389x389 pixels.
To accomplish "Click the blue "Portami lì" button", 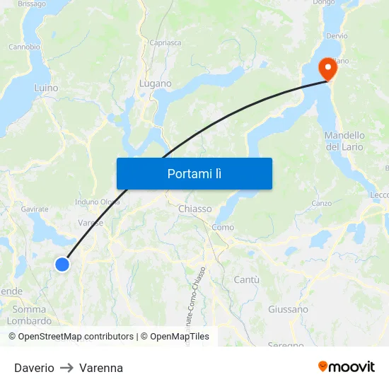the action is pyautogui.click(x=194, y=173).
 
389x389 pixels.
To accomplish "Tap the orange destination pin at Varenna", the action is pyautogui.click(x=328, y=69).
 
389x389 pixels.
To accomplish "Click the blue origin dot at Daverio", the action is pyautogui.click(x=62, y=265).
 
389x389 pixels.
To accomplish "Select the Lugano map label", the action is pyautogui.click(x=156, y=83).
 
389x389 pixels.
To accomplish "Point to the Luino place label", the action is pyautogui.click(x=46, y=88).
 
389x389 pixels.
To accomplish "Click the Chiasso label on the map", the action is pyautogui.click(x=194, y=209).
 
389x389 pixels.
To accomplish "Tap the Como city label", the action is pyautogui.click(x=223, y=227).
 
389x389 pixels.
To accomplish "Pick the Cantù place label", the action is pyautogui.click(x=247, y=280).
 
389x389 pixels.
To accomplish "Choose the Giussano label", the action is pyautogui.click(x=288, y=309).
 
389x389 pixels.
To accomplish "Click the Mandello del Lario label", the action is pyautogui.click(x=344, y=141).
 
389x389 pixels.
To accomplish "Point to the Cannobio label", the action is pyautogui.click(x=24, y=47).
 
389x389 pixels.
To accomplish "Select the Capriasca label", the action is pyautogui.click(x=165, y=42).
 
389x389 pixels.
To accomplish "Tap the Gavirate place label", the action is pyautogui.click(x=35, y=209).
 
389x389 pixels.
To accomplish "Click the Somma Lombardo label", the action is pyautogui.click(x=30, y=315).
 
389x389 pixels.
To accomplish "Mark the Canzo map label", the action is pyautogui.click(x=322, y=204).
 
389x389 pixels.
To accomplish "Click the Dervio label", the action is pyautogui.click(x=337, y=35).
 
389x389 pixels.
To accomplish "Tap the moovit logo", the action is pyautogui.click(x=346, y=366).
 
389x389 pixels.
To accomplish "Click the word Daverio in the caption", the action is pyautogui.click(x=34, y=368).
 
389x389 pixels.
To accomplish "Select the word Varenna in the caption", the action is pyautogui.click(x=101, y=368).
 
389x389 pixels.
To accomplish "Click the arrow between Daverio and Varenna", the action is pyautogui.click(x=66, y=368).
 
